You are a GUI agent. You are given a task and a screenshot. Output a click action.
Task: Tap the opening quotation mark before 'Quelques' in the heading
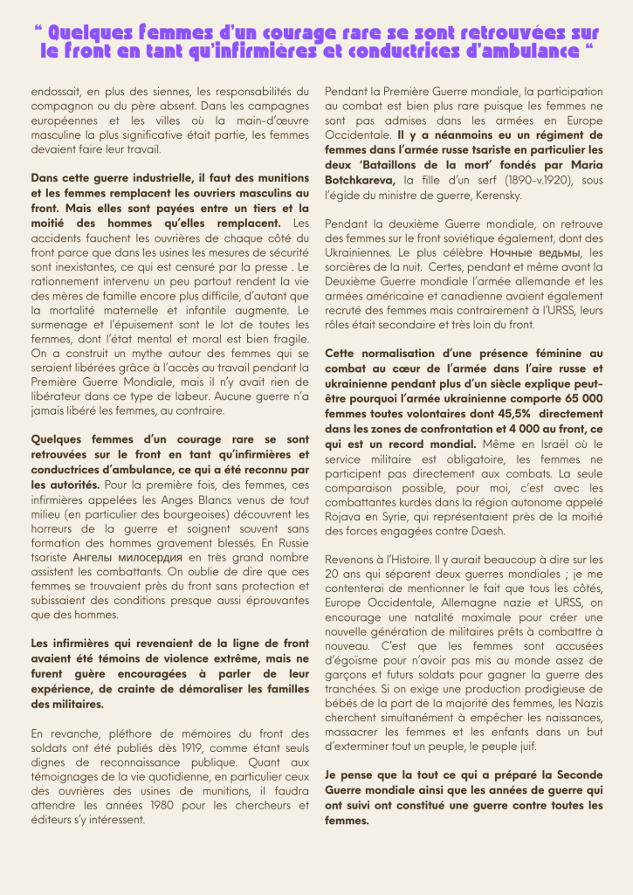point(38,29)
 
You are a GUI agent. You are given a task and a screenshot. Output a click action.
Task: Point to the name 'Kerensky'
point(499,195)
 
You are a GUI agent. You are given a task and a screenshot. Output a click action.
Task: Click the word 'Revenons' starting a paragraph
point(350,559)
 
